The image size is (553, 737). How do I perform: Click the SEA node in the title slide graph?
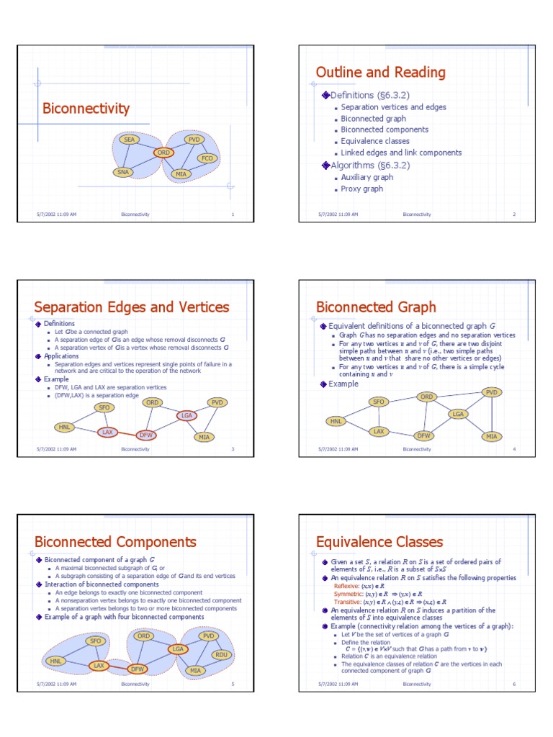130,140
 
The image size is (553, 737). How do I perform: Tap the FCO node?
207,158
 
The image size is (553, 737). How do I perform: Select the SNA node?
124,173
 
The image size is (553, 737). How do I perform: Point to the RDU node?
222,655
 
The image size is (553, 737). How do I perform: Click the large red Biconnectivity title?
86,109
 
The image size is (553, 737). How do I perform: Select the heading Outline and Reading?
380,72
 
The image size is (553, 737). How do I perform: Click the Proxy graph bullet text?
362,189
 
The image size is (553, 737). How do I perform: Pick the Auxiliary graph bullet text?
367,177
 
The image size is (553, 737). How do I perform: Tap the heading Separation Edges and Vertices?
132,307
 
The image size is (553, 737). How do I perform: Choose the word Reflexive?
346,587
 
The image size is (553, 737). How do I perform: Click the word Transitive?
346,602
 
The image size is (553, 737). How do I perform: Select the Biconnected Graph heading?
376,307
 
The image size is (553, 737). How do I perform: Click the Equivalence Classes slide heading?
379,542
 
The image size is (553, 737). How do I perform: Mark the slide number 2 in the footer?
514,214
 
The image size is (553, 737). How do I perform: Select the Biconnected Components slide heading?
115,542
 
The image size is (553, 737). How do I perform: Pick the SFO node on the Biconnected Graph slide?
378,402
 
